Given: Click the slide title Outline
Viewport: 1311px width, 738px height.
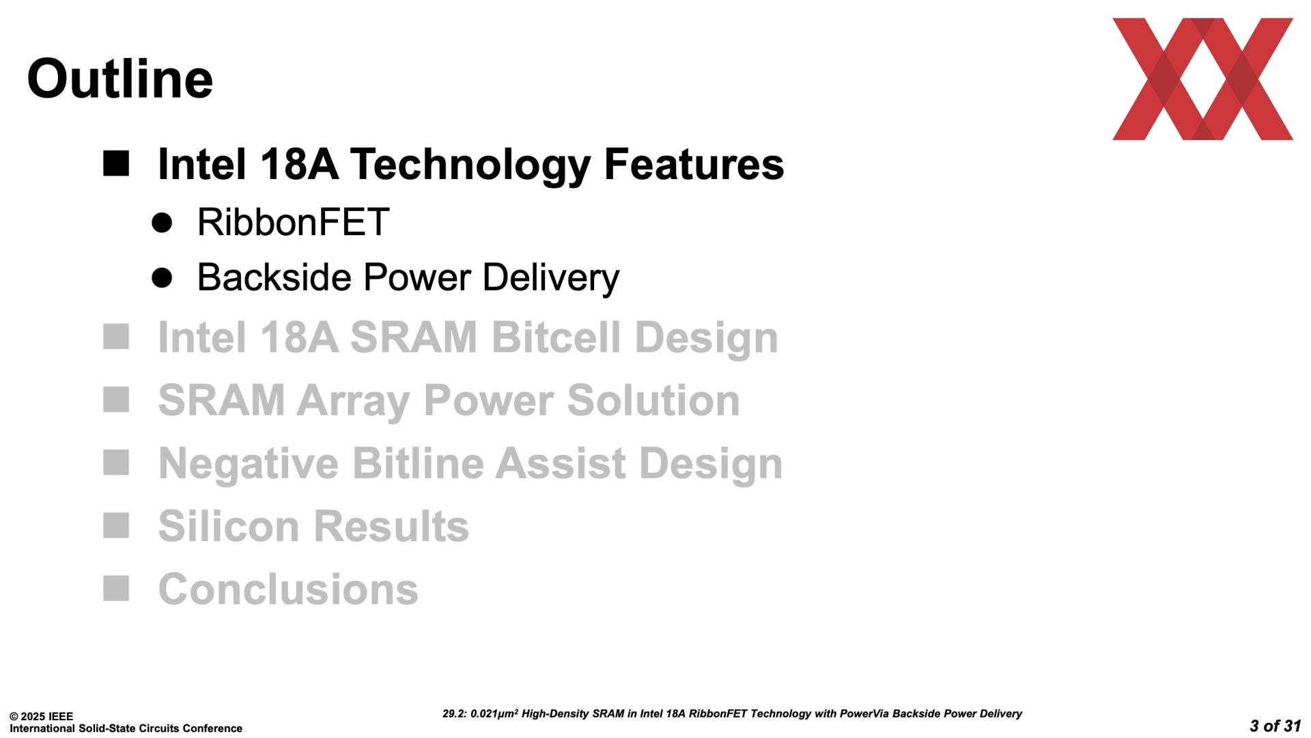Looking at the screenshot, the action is tap(120, 78).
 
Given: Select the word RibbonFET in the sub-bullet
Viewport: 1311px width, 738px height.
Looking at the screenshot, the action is tap(293, 222).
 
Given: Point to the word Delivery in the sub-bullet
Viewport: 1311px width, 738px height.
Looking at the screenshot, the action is tap(551, 278).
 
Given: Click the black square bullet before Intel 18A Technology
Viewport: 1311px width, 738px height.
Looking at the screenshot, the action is tap(116, 164).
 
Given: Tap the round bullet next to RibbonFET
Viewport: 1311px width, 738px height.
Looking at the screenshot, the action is tap(162, 223).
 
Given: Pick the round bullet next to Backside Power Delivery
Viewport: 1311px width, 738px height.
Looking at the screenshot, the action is tap(162, 277).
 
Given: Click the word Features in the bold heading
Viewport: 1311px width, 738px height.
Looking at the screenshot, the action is tap(694, 164).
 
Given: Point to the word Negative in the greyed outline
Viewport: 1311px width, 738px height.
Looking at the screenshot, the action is tap(249, 464).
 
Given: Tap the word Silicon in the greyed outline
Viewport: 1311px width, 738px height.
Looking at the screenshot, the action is tap(229, 526).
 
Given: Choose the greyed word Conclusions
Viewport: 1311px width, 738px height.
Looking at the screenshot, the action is tap(288, 589).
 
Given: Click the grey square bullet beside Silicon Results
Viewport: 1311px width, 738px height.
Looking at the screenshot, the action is tap(116, 525).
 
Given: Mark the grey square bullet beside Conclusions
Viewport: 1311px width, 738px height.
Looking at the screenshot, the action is tap(116, 588).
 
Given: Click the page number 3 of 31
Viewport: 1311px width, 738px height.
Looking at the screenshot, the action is tap(1275, 726).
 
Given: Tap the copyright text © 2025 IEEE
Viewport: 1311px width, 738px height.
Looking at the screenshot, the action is tap(41, 717).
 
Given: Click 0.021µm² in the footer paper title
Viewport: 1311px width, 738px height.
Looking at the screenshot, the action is tap(494, 713).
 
